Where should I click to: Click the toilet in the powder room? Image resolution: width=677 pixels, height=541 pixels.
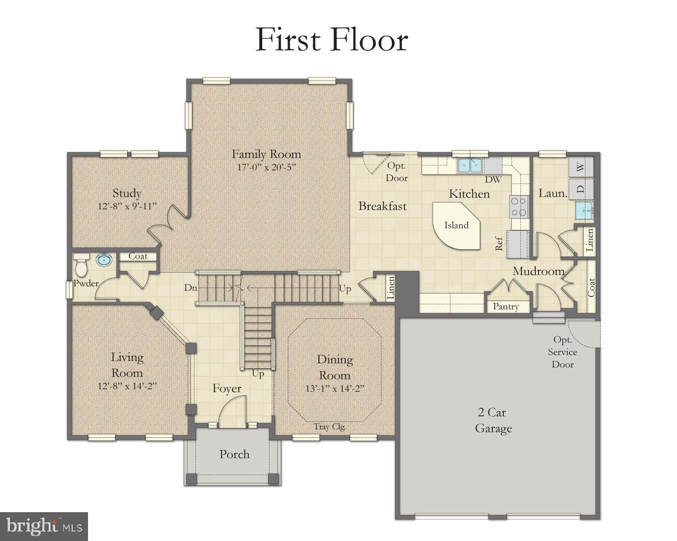click(81, 266)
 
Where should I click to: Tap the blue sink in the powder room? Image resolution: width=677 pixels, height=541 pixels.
click(104, 260)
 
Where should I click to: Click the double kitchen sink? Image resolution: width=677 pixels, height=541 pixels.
click(470, 166)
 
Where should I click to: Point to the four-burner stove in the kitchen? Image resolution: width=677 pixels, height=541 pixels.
click(519, 207)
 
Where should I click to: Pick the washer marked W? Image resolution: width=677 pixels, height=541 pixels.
click(581, 166)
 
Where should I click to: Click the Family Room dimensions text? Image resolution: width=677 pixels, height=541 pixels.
click(266, 167)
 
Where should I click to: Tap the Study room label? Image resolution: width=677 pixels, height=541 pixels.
click(127, 193)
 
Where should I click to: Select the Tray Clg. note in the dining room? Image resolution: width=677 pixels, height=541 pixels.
click(330, 426)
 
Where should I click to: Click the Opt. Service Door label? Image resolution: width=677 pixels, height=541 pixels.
click(563, 352)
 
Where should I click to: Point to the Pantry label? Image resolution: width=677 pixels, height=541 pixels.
click(505, 307)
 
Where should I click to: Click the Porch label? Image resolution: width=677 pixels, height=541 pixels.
click(234, 454)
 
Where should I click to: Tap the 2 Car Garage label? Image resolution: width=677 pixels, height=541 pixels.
click(493, 420)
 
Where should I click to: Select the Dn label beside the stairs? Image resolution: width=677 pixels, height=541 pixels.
click(190, 288)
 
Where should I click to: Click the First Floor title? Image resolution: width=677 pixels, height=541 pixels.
click(332, 40)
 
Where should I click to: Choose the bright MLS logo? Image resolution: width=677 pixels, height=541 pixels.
click(44, 526)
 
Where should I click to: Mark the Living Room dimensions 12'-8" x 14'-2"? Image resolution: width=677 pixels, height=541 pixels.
click(127, 386)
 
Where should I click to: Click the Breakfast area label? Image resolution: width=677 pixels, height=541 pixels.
click(382, 206)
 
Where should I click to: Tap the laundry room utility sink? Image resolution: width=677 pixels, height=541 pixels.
click(584, 211)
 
